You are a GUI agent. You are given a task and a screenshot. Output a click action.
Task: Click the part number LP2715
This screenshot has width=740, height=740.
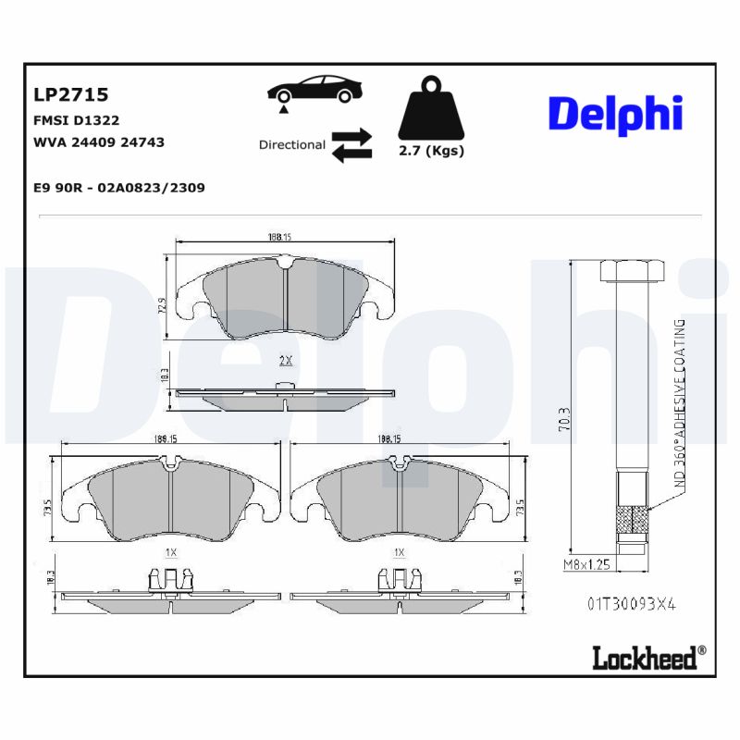tap(70, 94)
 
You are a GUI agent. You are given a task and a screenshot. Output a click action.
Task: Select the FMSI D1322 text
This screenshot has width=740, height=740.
tap(76, 120)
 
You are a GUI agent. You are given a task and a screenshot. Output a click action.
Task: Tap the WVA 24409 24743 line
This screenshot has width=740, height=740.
tap(98, 142)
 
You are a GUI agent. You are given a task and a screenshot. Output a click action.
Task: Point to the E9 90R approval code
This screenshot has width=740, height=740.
tap(118, 188)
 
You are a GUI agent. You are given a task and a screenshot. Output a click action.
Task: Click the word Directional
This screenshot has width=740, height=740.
tap(291, 145)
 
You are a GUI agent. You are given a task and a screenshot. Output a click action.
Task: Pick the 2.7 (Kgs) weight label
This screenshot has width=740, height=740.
tap(431, 151)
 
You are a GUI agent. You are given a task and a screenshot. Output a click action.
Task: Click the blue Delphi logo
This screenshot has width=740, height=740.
tap(615, 113)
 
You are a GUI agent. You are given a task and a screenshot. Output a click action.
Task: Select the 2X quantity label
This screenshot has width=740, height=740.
tap(286, 360)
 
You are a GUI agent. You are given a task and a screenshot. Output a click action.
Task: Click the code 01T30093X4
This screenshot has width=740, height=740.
tap(631, 603)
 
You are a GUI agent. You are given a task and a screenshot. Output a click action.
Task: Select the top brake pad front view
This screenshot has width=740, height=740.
tap(286, 298)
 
